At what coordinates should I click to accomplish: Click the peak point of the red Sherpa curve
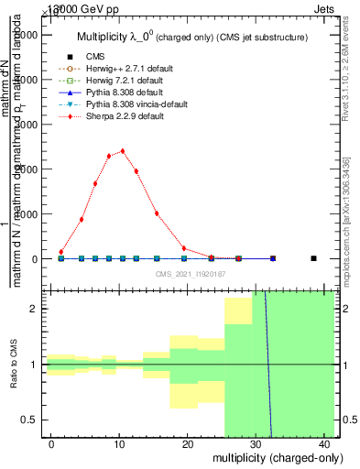[123, 151]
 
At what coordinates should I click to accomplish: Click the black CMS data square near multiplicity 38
[313, 258]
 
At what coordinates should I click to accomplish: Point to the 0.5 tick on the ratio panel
[30, 420]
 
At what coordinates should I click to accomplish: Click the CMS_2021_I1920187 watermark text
[191, 275]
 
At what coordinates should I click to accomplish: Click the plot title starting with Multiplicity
[191, 38]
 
